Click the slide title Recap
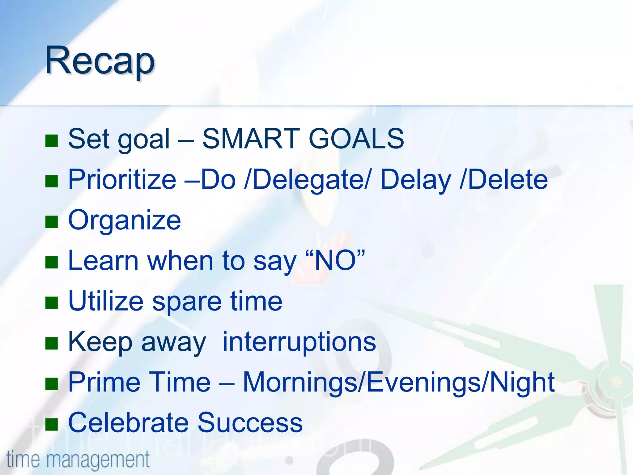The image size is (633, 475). pyautogui.click(x=100, y=60)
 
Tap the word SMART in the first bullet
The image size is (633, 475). pyautogui.click(x=250, y=139)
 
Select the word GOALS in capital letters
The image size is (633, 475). pyautogui.click(x=356, y=139)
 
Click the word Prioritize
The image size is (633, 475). pyautogui.click(x=122, y=179)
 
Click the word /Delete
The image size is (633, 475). pyautogui.click(x=504, y=179)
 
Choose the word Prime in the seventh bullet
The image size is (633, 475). pyautogui.click(x=104, y=382)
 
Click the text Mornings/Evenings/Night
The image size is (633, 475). pyautogui.click(x=399, y=383)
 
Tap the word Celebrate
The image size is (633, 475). pyautogui.click(x=128, y=423)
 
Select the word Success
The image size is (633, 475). pyautogui.click(x=250, y=423)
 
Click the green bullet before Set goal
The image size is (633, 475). pyautogui.click(x=52, y=140)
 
